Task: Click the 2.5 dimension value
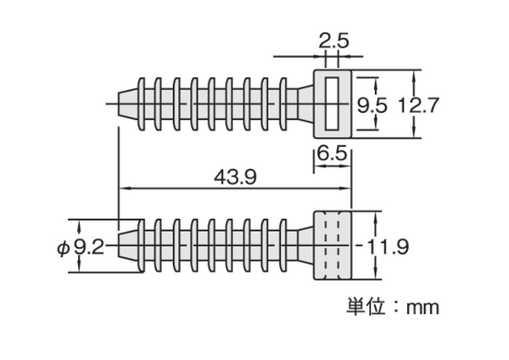[333, 41]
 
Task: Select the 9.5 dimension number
[372, 105]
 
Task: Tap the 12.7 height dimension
[418, 105]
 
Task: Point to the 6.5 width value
[332, 153]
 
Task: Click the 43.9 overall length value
[235, 177]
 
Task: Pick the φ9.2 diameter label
[81, 248]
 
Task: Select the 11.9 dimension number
[388, 247]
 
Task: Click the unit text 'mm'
[422, 307]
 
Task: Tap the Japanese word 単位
[366, 307]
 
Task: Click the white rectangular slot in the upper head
[332, 104]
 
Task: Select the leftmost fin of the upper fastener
[142, 104]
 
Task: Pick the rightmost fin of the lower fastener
[283, 246]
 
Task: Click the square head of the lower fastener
[332, 245]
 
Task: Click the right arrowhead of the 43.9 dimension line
[345, 188]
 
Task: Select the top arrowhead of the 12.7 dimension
[414, 76]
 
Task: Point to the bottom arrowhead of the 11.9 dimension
[376, 273]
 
